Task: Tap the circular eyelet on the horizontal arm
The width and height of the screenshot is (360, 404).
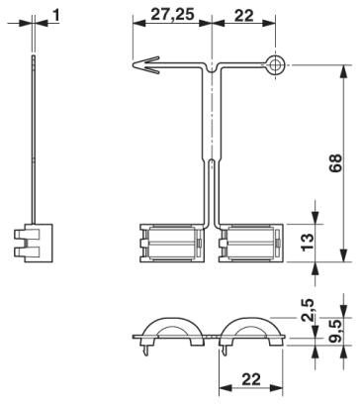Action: pyautogui.click(x=276, y=66)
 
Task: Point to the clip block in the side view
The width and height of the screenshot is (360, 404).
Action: pyautogui.click(x=35, y=244)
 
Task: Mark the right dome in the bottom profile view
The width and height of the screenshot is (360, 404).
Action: pyautogui.click(x=254, y=334)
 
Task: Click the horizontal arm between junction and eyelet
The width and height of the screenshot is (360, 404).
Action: pyautogui.click(x=242, y=66)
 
